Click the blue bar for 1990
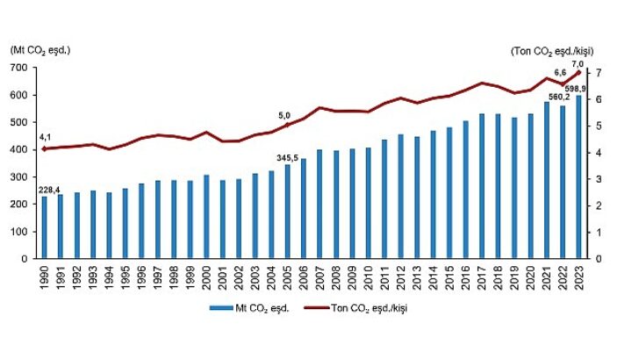pyautogui.click(x=44, y=227)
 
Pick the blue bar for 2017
pyautogui.click(x=482, y=186)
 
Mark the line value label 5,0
pyautogui.click(x=284, y=115)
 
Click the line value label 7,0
pyautogui.click(x=578, y=64)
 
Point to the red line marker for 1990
pyautogui.click(x=44, y=149)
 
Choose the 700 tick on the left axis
pyautogui.click(x=19, y=68)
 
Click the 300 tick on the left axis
pyautogui.click(x=19, y=177)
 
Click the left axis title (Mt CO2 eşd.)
pyautogui.click(x=40, y=49)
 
